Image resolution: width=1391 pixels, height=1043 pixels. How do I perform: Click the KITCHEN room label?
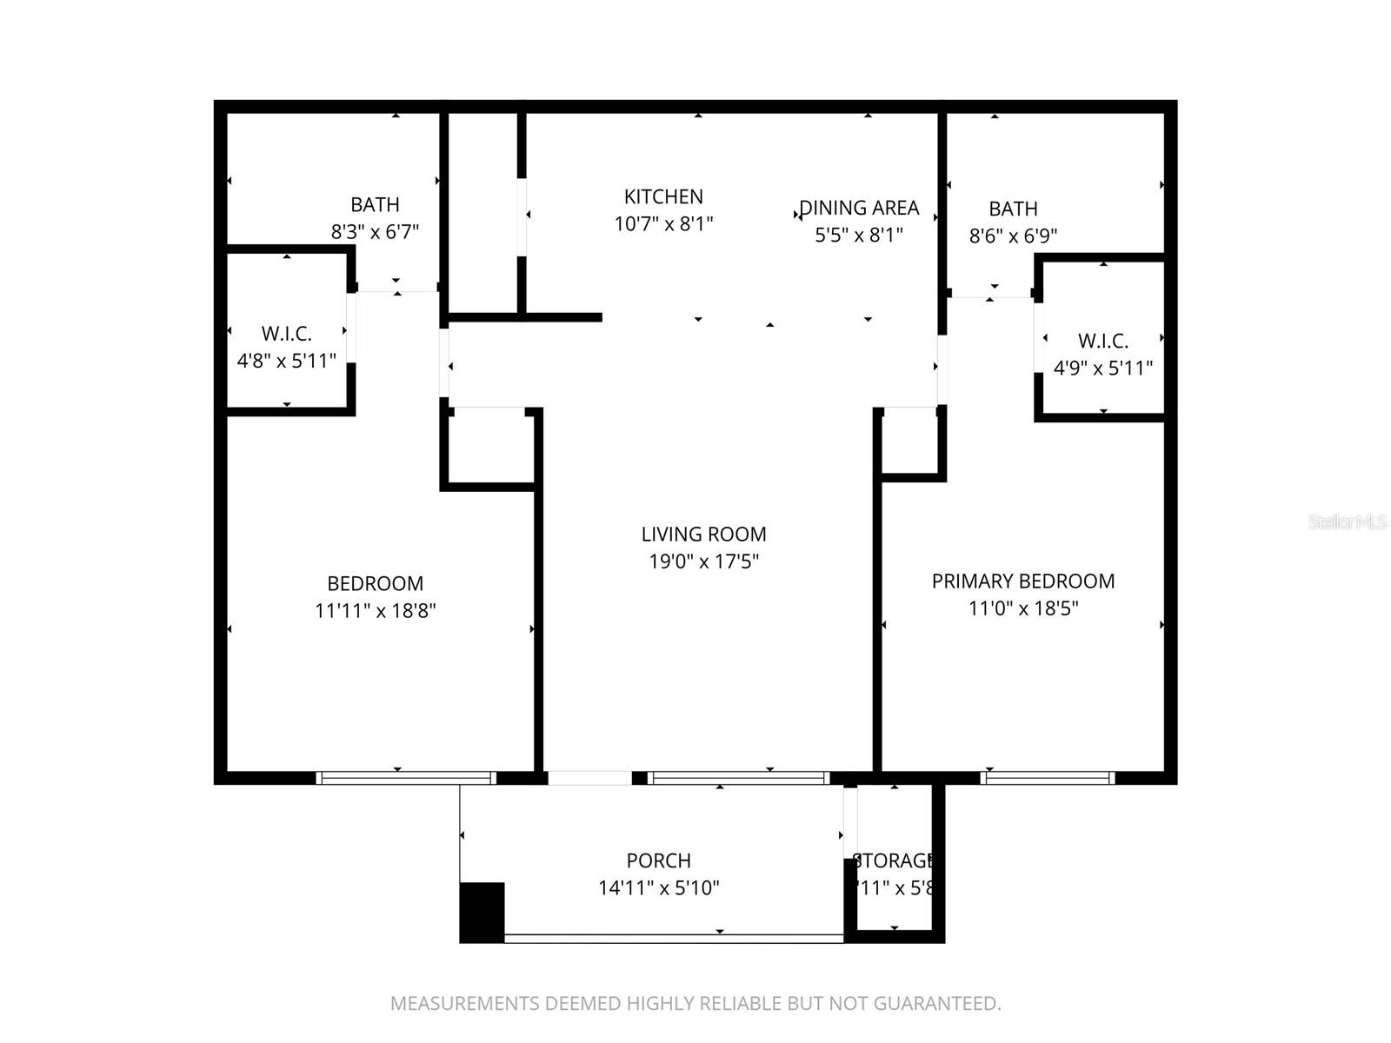coord(663,196)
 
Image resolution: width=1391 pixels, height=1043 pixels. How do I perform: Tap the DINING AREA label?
coord(859,208)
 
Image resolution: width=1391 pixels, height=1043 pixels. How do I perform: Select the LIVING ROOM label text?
coord(703,535)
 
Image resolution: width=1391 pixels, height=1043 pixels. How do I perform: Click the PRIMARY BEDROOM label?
coord(1022,581)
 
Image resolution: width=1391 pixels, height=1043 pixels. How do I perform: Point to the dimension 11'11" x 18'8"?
coord(375,611)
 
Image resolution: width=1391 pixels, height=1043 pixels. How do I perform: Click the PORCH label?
coord(658,860)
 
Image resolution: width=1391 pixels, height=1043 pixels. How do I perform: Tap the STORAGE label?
coord(894,860)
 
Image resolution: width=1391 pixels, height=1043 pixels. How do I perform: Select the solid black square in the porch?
coord(482,912)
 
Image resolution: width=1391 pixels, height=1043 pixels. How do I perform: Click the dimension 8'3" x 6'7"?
coord(375,232)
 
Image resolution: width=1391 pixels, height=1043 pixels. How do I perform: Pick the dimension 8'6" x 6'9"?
coord(1013,236)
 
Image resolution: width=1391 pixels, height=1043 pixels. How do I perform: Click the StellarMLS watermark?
coord(1347,522)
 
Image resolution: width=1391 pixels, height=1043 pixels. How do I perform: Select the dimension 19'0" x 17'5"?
coord(703,561)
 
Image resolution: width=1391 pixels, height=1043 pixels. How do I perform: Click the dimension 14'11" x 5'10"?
coord(658,888)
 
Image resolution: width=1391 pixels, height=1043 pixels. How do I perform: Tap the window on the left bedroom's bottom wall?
coord(405,778)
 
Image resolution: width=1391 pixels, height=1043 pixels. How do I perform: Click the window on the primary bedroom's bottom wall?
coord(1047,778)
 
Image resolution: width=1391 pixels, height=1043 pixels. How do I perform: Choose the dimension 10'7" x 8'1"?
coord(663,224)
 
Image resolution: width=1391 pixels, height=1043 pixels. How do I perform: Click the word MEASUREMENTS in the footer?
coord(464,1004)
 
